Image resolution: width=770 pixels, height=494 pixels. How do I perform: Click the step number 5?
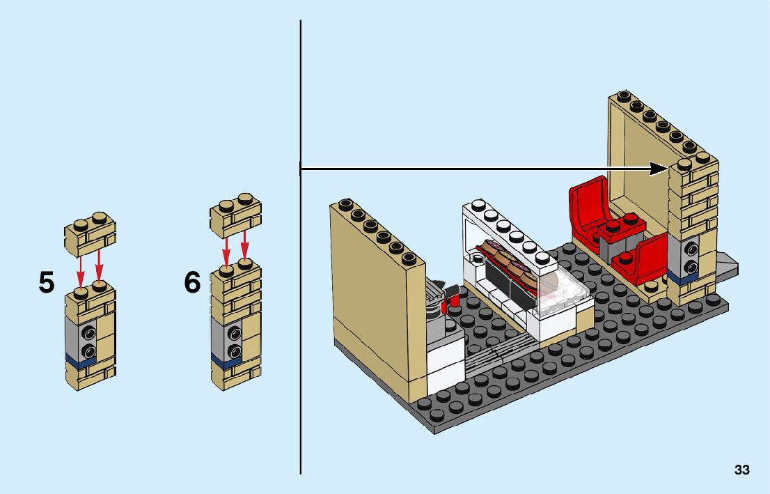tap(46, 283)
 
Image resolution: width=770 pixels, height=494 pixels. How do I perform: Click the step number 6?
tap(192, 283)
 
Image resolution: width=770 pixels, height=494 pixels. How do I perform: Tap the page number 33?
tap(741, 470)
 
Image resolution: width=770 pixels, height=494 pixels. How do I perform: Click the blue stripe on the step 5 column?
tap(80, 362)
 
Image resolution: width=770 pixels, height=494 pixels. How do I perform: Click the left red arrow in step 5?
tap(80, 268)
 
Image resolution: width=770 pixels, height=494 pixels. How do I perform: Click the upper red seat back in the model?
tap(586, 199)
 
